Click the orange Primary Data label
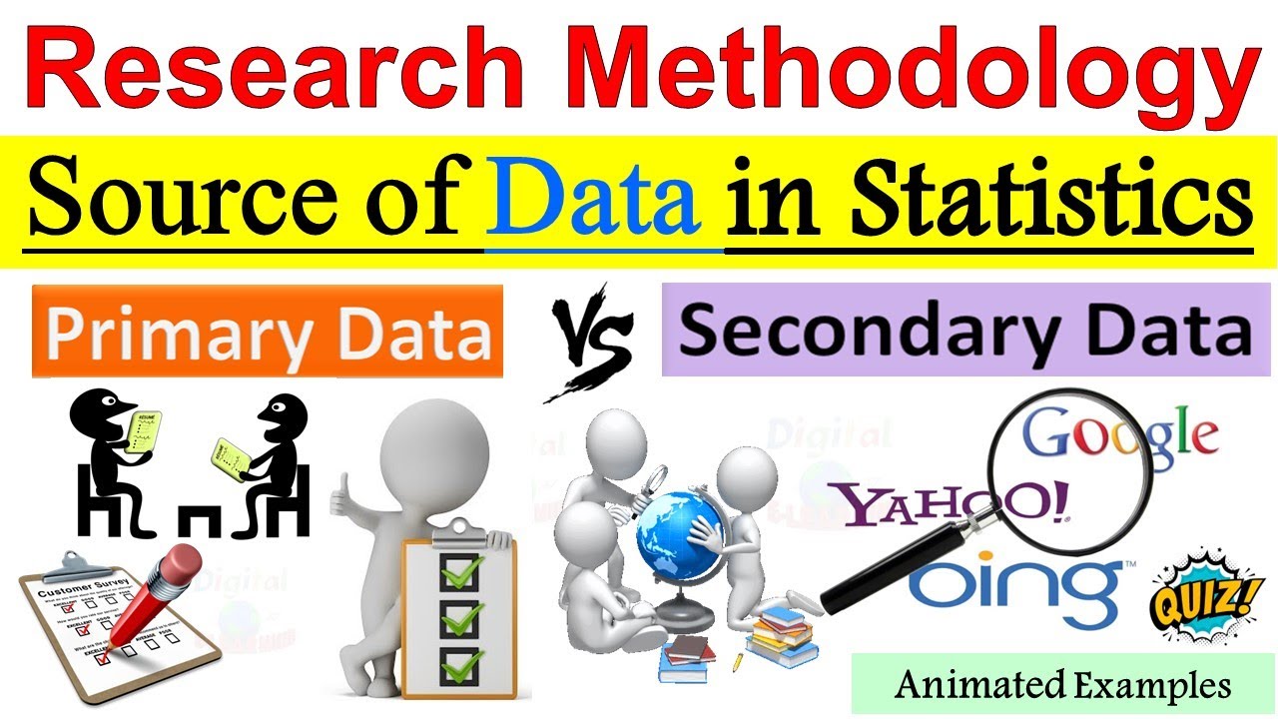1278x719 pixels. click(x=268, y=332)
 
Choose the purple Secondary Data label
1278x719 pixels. click(x=965, y=329)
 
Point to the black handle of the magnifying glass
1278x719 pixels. click(x=880, y=570)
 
